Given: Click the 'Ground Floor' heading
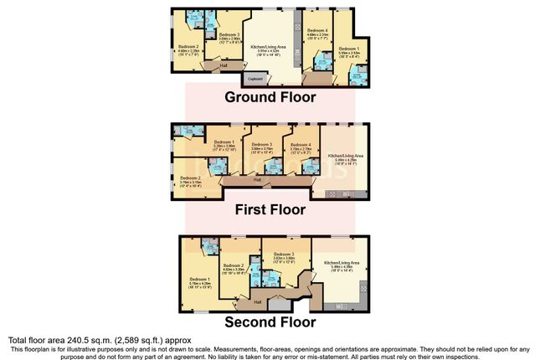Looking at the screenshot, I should tap(270, 97).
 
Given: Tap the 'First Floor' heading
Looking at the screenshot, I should tap(270, 209).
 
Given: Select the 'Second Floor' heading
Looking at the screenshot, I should tap(269, 321).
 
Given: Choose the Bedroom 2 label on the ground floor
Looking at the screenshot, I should tap(188, 46).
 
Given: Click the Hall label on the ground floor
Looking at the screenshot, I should tap(224, 64).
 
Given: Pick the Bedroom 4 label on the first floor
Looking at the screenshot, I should tap(301, 144).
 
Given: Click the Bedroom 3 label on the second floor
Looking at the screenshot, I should tap(287, 254).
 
